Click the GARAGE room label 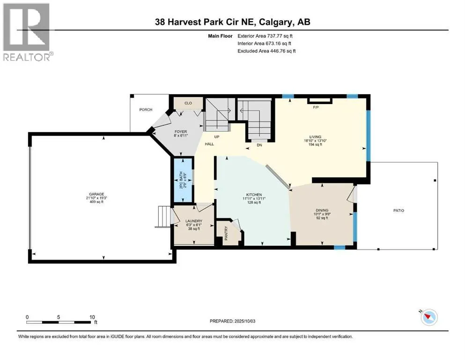(x=96, y=194)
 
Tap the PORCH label (x=146, y=110)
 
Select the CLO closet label (x=188, y=103)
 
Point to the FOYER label (x=181, y=131)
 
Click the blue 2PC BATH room (x=183, y=180)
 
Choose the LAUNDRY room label (x=194, y=221)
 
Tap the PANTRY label (x=226, y=233)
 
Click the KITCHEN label (x=254, y=195)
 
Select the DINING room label (x=322, y=210)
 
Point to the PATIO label (x=399, y=210)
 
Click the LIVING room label (x=315, y=137)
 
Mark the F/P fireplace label (x=316, y=107)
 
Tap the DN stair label (x=259, y=145)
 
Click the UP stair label (x=217, y=137)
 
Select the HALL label (x=209, y=144)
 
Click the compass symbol (x=429, y=317)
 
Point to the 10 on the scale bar (x=92, y=317)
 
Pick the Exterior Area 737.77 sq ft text (x=265, y=36)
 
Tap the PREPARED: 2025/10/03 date (x=232, y=321)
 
